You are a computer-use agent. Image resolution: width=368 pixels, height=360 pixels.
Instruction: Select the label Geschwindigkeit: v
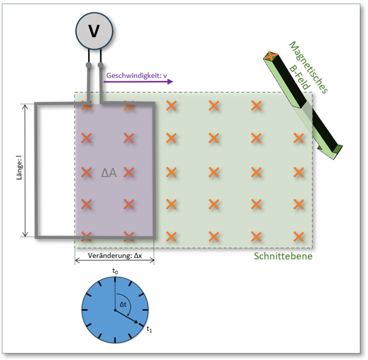tap(136, 75)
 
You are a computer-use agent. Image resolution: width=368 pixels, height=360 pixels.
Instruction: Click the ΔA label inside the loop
tap(109, 172)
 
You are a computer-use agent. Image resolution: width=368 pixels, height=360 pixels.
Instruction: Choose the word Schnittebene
tap(283, 256)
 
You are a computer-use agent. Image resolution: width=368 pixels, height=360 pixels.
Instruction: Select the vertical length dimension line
tap(25, 170)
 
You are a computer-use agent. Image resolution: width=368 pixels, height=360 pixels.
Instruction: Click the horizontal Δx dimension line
tap(115, 261)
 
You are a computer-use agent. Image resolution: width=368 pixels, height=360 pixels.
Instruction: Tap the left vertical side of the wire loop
tap(36, 170)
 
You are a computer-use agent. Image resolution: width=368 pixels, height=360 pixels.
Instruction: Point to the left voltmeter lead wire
tap(89, 83)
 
